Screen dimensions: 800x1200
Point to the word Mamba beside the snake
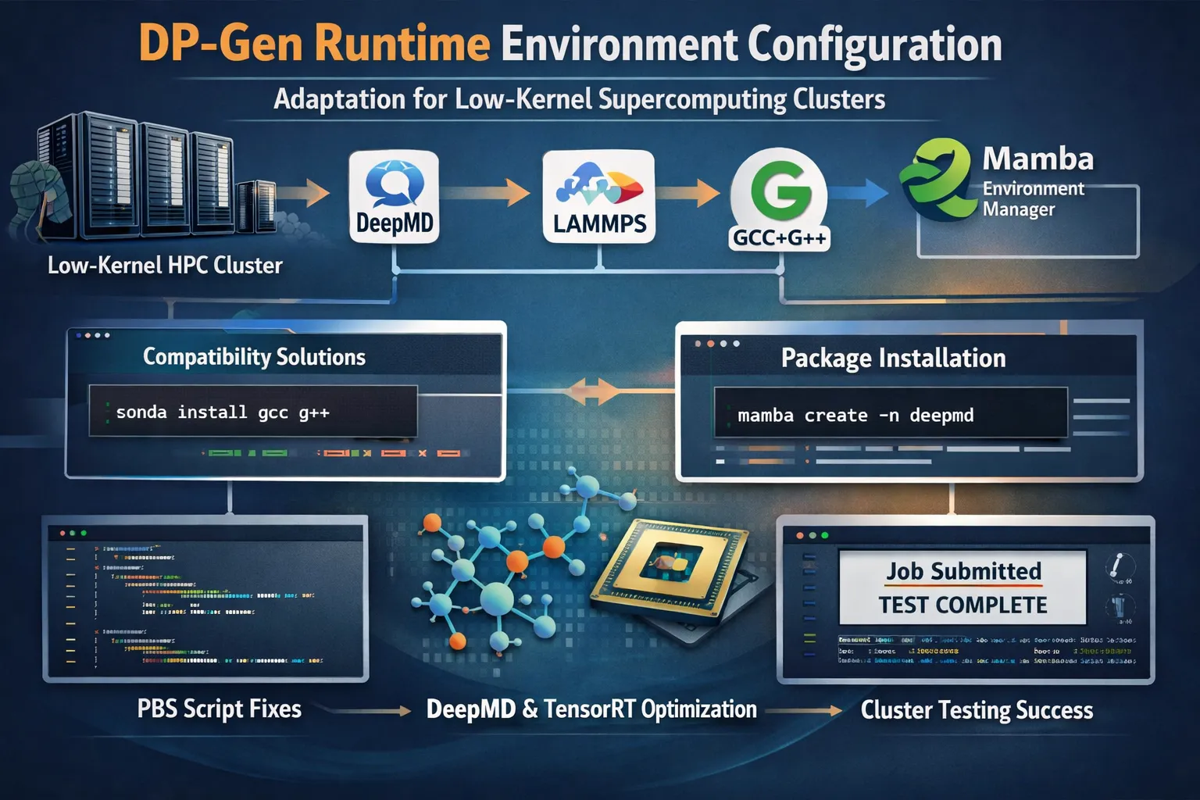pos(1037,159)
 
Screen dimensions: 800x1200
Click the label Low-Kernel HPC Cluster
pos(165,266)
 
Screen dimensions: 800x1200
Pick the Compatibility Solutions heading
pos(254,357)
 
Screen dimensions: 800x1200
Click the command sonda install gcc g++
pos(223,412)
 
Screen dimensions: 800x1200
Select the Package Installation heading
pos(893,358)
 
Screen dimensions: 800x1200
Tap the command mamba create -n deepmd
pos(855,415)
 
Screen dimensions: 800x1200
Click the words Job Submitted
pos(963,571)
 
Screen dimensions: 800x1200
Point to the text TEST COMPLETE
pos(962,605)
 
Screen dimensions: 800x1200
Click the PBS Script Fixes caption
pos(219,709)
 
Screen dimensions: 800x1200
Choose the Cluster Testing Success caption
pos(977,709)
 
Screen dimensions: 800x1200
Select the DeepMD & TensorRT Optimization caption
pos(591,709)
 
